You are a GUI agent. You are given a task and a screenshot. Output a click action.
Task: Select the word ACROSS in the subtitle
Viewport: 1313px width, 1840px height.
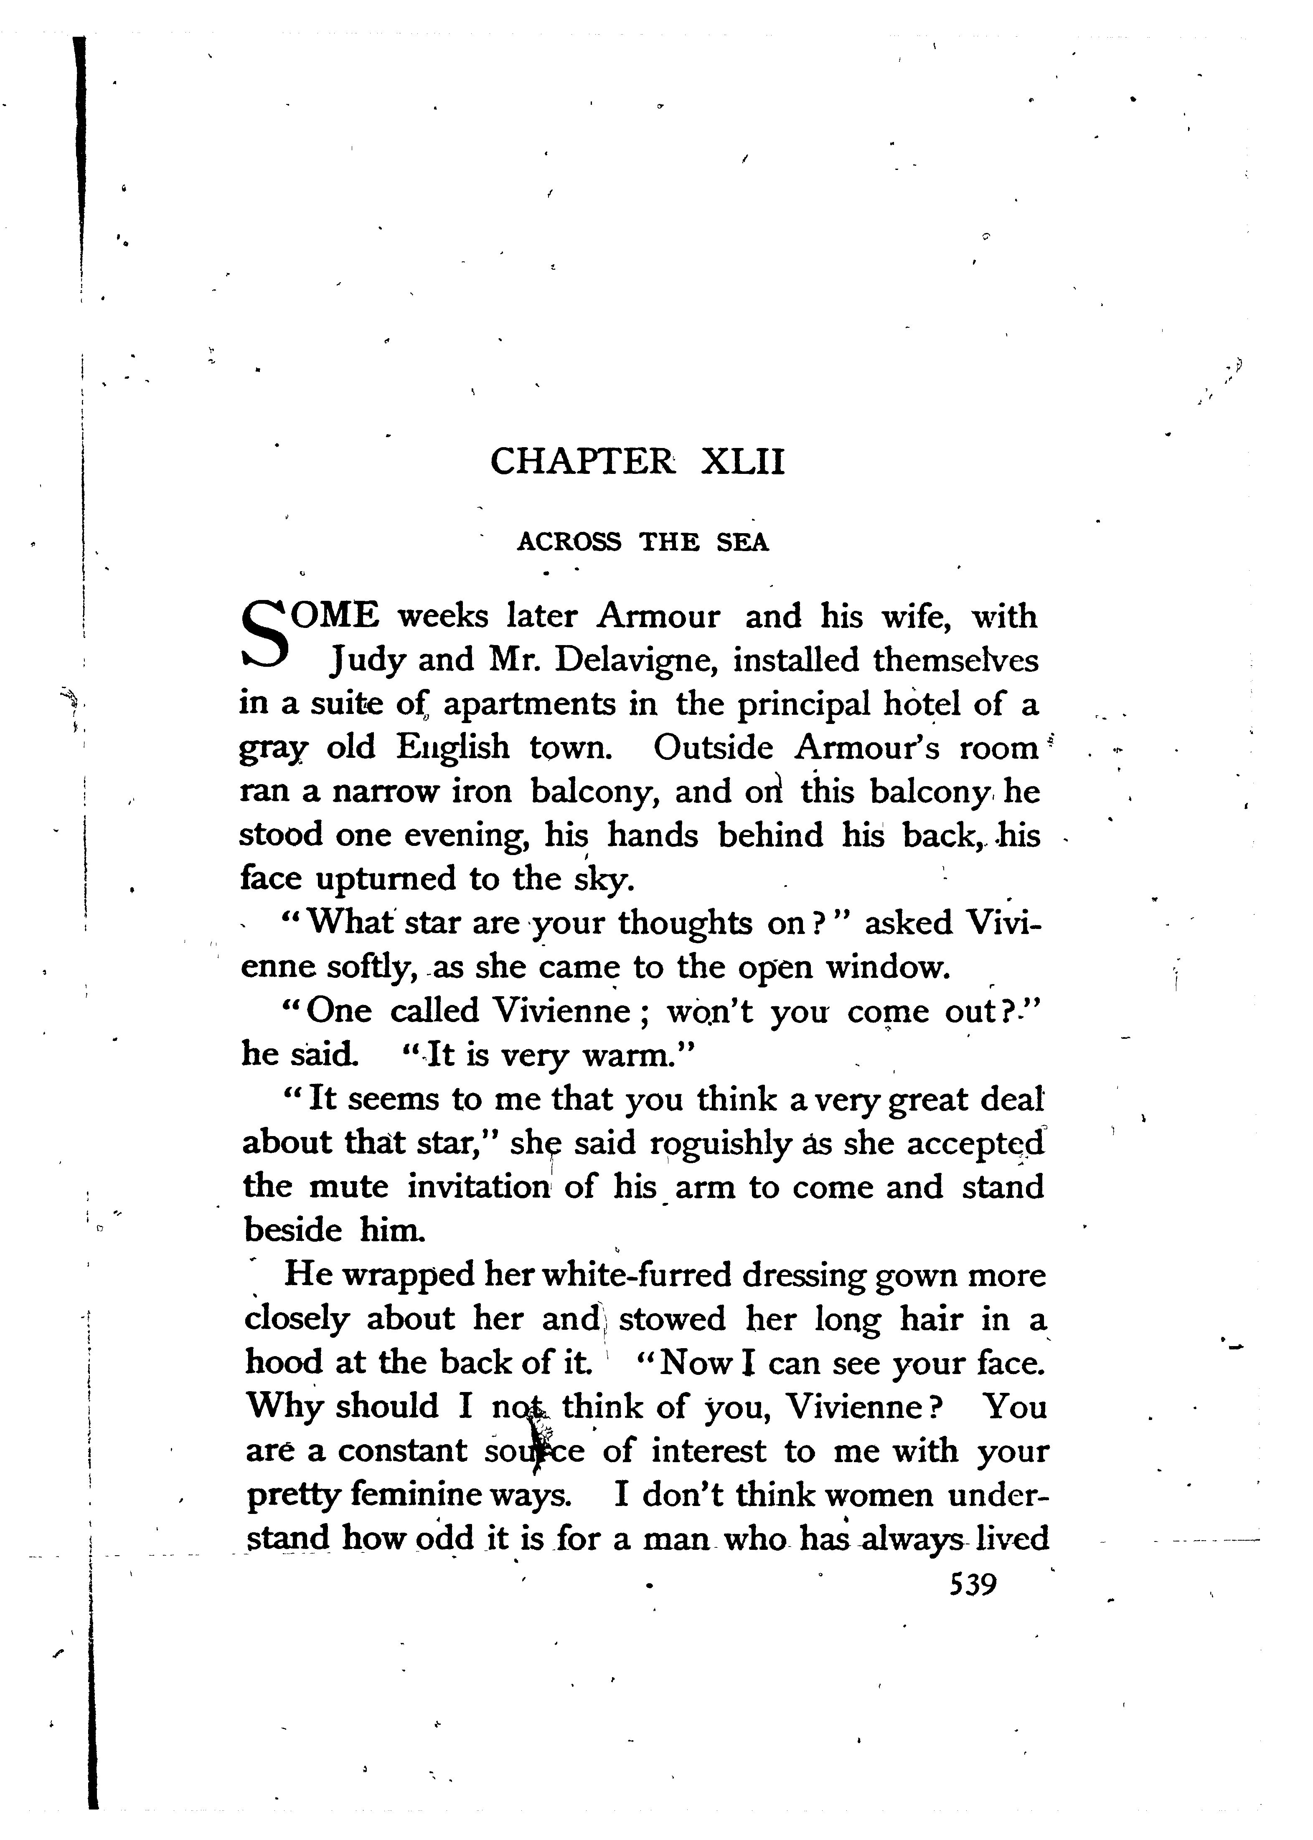pyautogui.click(x=569, y=542)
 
